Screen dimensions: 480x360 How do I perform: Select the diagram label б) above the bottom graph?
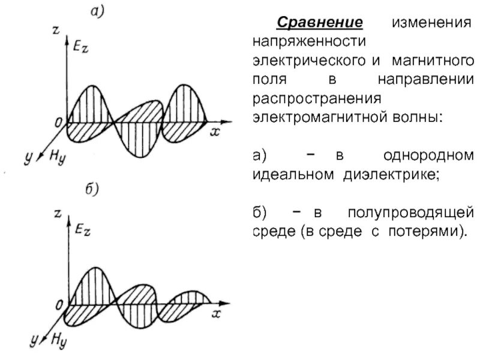91,190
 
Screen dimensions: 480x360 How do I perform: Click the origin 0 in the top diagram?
58,122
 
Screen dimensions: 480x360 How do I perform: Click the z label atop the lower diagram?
57,212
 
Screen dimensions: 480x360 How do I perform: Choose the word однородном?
430,156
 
